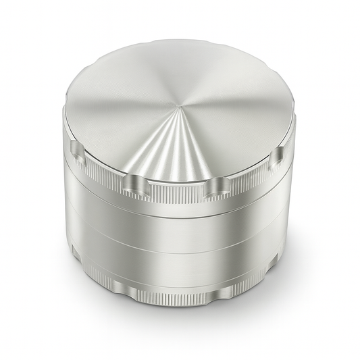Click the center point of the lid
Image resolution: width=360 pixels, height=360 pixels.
[181, 108]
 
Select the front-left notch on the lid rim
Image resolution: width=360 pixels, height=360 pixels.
[134, 182]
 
